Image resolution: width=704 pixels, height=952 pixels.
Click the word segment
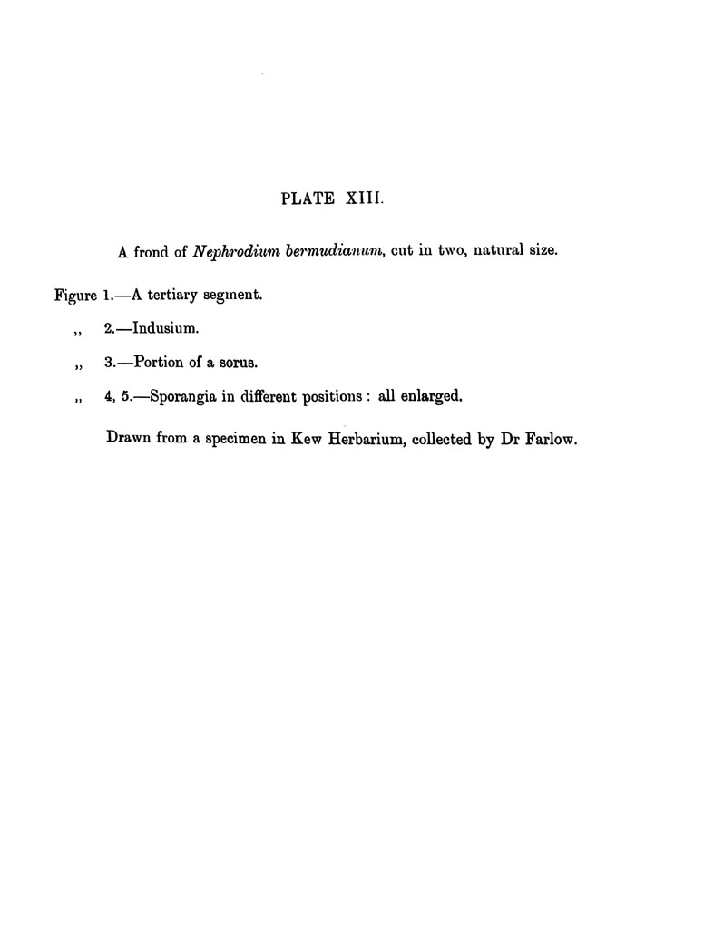click(239, 296)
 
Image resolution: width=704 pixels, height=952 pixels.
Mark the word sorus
click(239, 363)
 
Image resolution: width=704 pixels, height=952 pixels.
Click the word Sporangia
click(182, 396)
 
